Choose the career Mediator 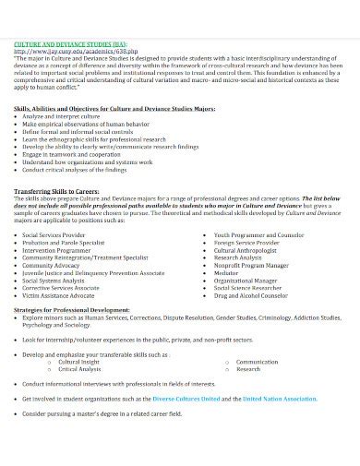pyautogui.click(x=227, y=273)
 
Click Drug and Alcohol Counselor pyautogui.click(x=250, y=297)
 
